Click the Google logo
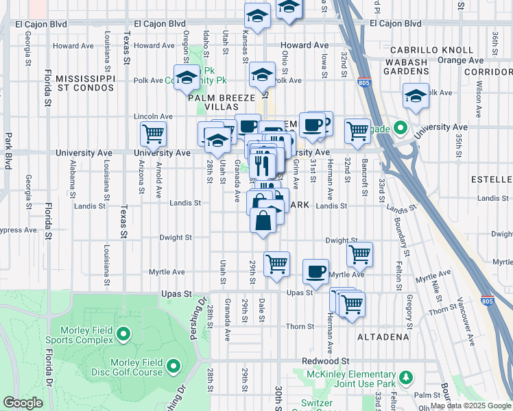coord(23,403)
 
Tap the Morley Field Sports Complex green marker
coord(123,334)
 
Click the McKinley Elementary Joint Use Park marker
coord(406,377)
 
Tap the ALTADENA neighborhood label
coord(383,337)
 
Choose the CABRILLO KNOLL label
coord(431,50)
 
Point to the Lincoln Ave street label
coord(153,116)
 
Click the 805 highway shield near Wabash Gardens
coord(363,82)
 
